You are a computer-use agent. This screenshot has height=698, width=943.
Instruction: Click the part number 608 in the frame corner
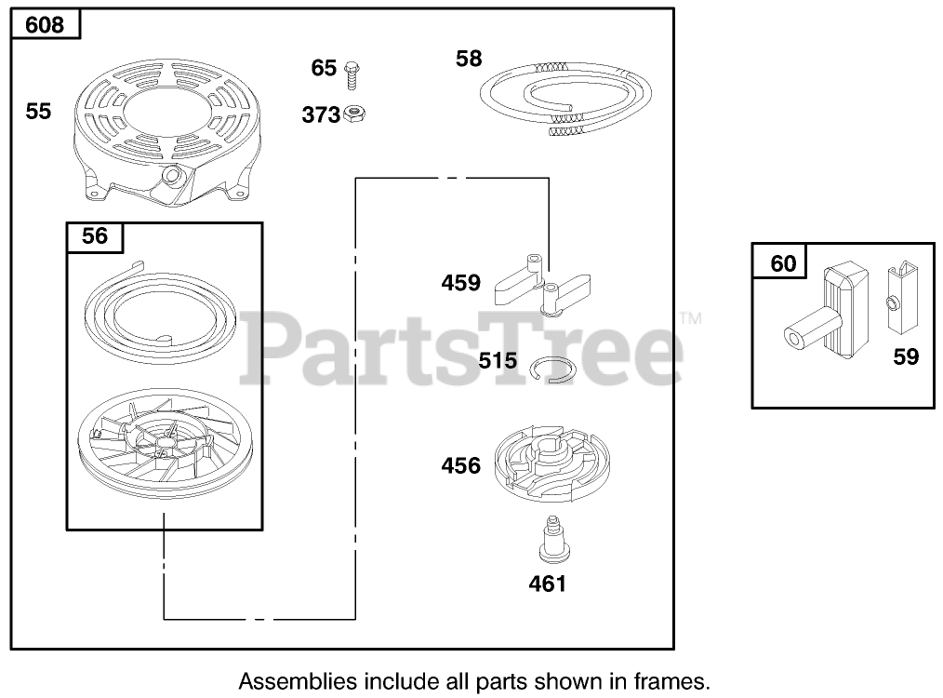[x=45, y=24]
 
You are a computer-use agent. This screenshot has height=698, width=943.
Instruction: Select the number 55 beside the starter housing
[x=39, y=112]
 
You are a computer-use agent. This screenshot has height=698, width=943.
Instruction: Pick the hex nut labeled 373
[x=352, y=114]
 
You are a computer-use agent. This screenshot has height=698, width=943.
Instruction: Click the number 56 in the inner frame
[x=95, y=236]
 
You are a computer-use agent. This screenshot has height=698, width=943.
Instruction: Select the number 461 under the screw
[x=546, y=584]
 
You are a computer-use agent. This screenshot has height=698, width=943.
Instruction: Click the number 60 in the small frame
[x=784, y=263]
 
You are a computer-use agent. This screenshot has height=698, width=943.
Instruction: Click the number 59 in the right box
[x=905, y=356]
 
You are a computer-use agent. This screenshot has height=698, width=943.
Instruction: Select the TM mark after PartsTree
[x=691, y=318]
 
